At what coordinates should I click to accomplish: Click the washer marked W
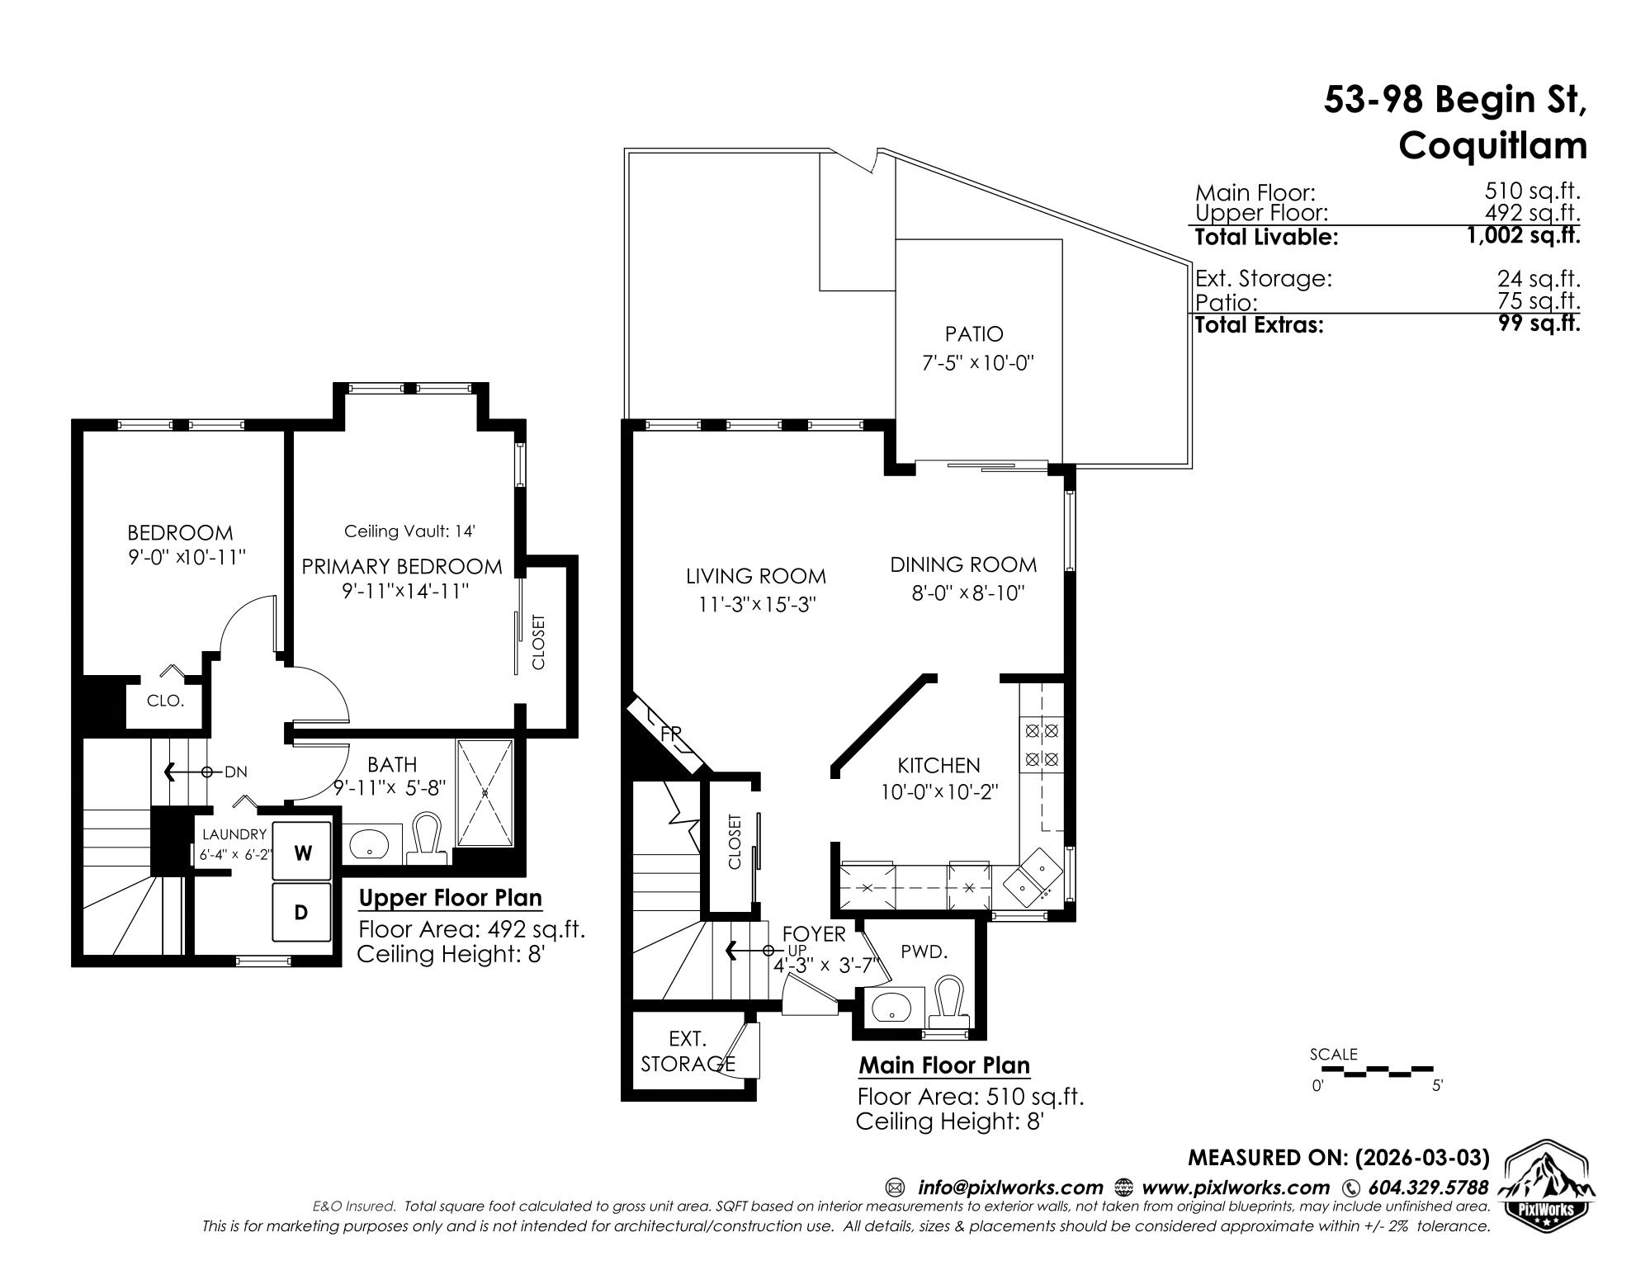tap(303, 852)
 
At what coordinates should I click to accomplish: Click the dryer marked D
tap(302, 912)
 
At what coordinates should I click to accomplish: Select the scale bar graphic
tap(1373, 1071)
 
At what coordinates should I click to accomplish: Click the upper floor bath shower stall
tap(485, 792)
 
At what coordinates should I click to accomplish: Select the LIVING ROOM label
tap(756, 576)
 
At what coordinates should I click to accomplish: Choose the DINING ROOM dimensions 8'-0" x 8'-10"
tap(967, 593)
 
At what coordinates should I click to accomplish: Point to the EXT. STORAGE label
tap(688, 1051)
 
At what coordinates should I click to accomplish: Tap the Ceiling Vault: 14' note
tap(409, 531)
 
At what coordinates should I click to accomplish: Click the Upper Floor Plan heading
tap(451, 898)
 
